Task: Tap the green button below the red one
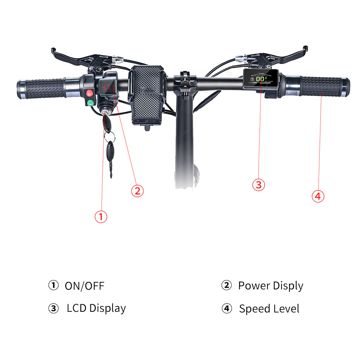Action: pyautogui.click(x=90, y=103)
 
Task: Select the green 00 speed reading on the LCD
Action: pyautogui.click(x=261, y=81)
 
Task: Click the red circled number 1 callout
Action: pyautogui.click(x=101, y=216)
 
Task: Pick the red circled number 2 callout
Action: pyautogui.click(x=137, y=190)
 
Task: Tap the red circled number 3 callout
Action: pyautogui.click(x=258, y=185)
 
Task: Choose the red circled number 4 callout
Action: pyautogui.click(x=318, y=196)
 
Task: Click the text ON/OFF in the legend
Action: pyautogui.click(x=84, y=286)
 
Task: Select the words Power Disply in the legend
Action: pyautogui.click(x=270, y=286)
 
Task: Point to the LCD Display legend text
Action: pyautogui.click(x=96, y=309)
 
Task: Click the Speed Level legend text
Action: pyautogui.click(x=269, y=309)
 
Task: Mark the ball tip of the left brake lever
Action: pyautogui.click(x=53, y=49)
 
